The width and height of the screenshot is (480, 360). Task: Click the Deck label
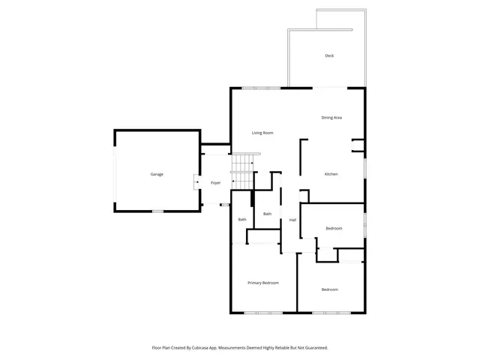[329, 56]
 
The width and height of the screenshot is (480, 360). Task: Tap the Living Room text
[262, 133]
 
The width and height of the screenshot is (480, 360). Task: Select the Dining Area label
[331, 118]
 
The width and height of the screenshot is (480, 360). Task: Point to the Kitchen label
[331, 174]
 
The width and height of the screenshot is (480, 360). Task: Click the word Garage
[157, 174]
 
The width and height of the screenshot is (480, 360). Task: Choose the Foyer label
[215, 183]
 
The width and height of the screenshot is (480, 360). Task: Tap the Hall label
[292, 220]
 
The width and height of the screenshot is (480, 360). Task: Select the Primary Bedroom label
[263, 283]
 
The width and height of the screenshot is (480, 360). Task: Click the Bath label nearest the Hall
[267, 214]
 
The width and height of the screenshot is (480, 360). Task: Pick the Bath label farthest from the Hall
[242, 220]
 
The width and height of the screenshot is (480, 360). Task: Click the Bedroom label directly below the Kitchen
[334, 228]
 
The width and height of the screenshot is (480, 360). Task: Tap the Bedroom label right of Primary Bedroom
[330, 289]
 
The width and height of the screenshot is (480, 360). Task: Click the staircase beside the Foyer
[243, 172]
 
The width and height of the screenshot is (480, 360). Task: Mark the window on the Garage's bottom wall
[157, 211]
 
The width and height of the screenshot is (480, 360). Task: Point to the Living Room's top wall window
[266, 88]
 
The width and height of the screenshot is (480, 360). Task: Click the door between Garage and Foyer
[196, 181]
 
